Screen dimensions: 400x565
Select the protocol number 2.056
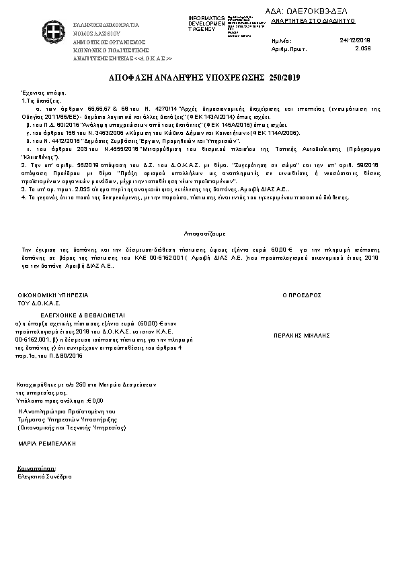pos(362,49)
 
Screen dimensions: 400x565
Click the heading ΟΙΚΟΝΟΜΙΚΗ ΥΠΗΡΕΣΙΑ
pos(53,295)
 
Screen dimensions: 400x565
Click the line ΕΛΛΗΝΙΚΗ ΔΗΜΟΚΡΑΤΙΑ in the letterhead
pos(106,24)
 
